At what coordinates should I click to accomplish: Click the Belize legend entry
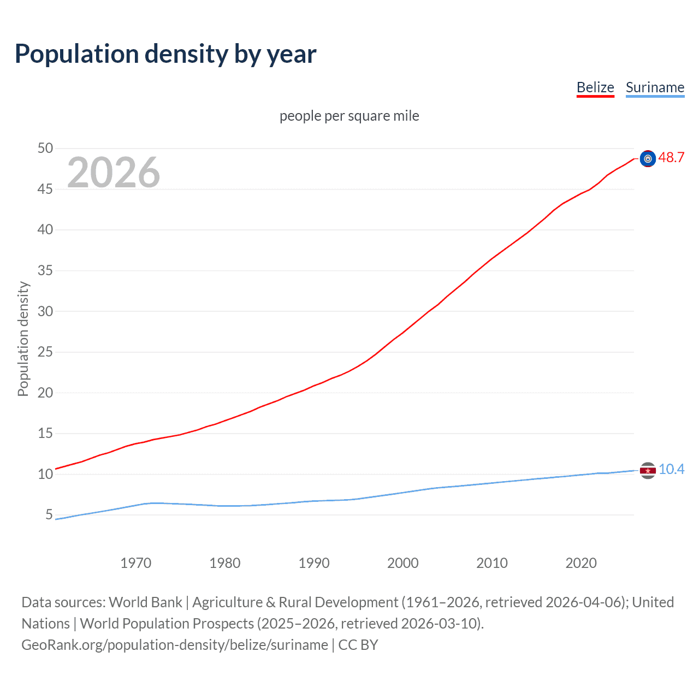(x=595, y=87)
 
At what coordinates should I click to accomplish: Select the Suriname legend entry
(x=655, y=87)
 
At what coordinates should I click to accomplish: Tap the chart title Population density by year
(x=165, y=54)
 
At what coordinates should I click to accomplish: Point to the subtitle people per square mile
(x=349, y=116)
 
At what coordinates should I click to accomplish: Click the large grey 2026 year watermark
(x=114, y=173)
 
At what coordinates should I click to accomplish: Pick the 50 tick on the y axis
(x=45, y=149)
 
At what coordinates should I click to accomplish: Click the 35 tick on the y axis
(x=45, y=271)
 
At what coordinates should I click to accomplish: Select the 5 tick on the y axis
(x=49, y=515)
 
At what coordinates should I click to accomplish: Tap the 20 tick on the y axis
(x=45, y=393)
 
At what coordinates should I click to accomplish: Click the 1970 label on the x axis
(x=135, y=563)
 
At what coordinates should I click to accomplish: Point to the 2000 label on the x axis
(x=402, y=563)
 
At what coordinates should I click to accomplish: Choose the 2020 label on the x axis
(x=580, y=563)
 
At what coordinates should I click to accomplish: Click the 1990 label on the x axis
(x=313, y=563)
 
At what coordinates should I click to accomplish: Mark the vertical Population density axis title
(x=23, y=339)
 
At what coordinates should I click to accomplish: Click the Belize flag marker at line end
(x=648, y=159)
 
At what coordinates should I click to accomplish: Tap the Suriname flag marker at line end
(x=648, y=471)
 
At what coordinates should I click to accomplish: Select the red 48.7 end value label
(x=671, y=158)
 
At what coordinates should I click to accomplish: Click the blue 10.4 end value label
(x=671, y=470)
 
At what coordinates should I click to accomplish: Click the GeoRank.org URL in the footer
(x=175, y=645)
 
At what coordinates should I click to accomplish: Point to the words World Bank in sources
(x=145, y=602)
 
